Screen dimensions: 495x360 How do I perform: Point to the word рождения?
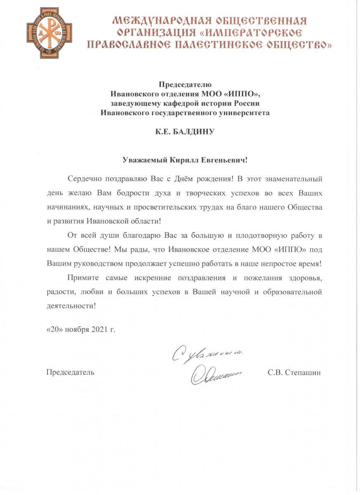(207, 179)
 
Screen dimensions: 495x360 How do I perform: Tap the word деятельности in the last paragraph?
(70, 306)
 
